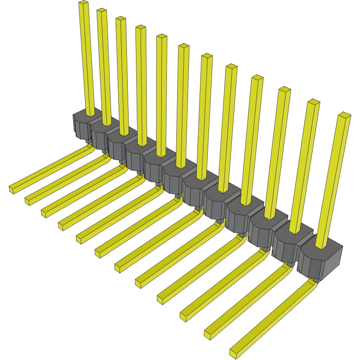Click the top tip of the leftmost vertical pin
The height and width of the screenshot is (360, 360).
point(83,3)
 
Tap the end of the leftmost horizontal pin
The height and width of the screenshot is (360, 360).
point(12,188)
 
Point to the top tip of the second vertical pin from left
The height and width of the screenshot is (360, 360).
point(102,11)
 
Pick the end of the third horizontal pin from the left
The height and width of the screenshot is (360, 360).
point(45,212)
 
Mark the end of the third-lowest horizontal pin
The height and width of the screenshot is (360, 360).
point(184,316)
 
